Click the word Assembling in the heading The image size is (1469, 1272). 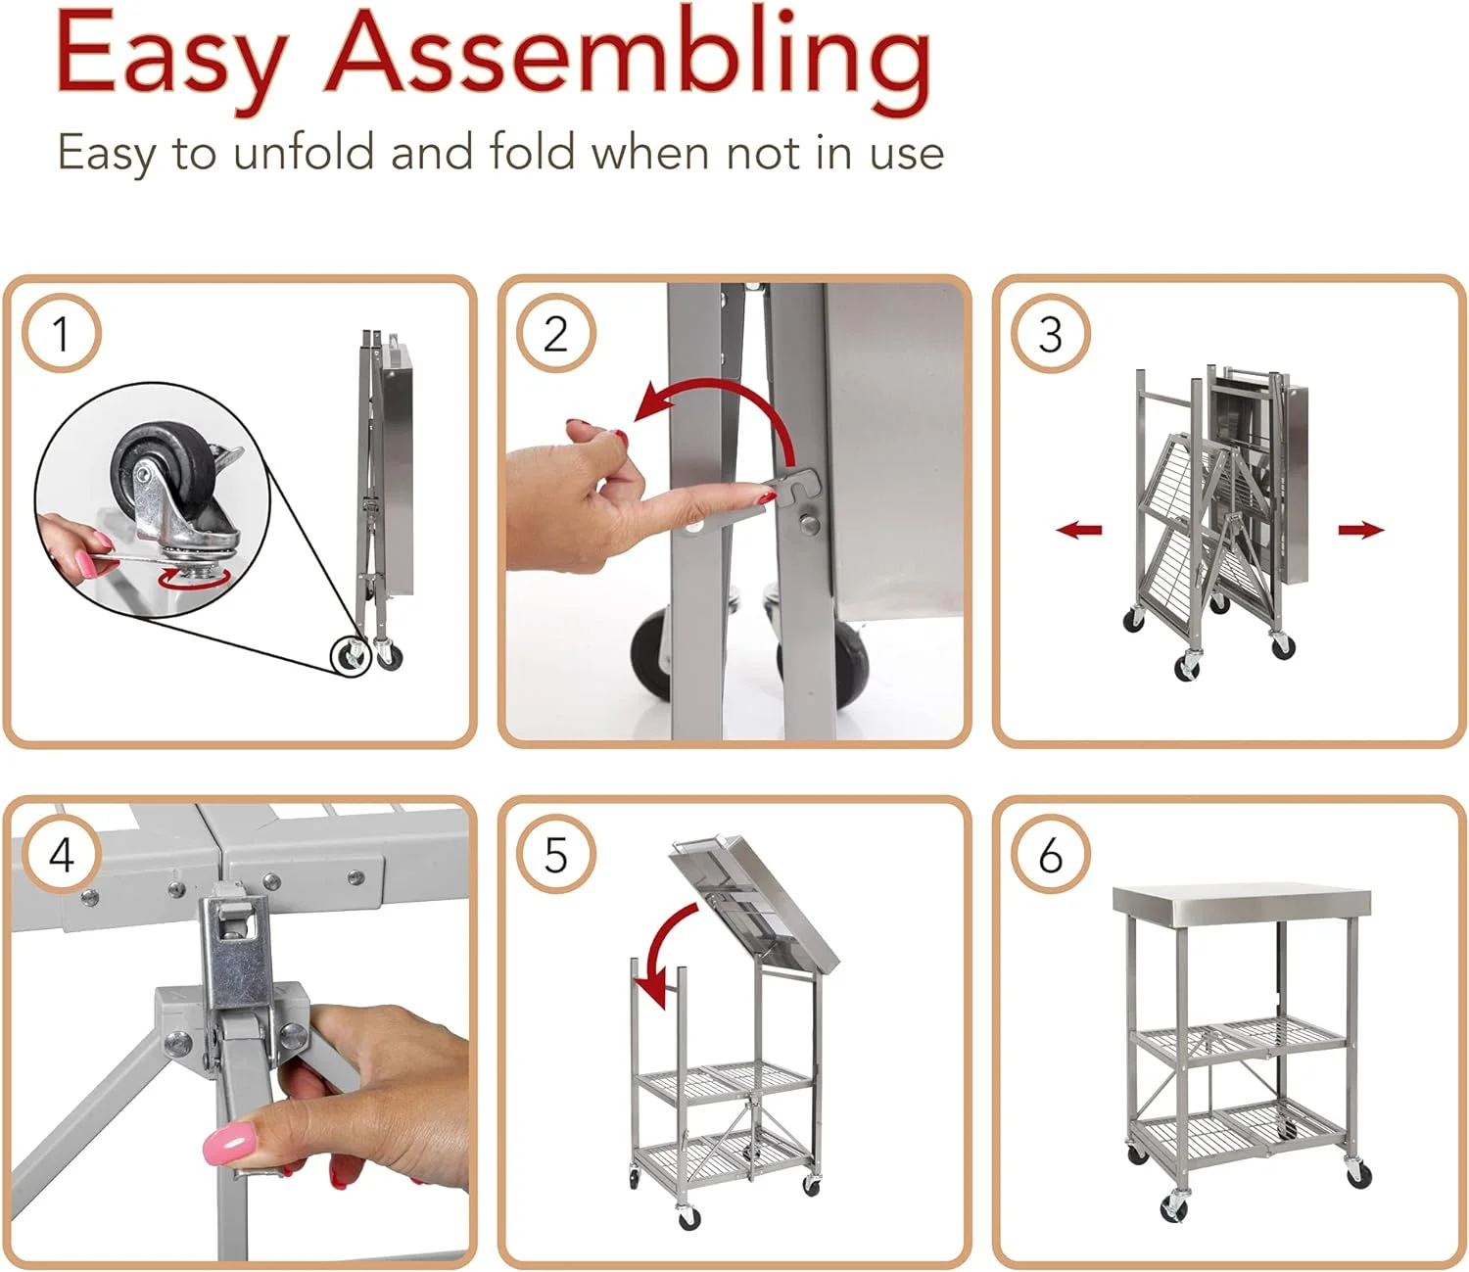(x=629, y=61)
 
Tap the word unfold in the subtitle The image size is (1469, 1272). (x=304, y=152)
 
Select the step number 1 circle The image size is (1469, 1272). (x=62, y=333)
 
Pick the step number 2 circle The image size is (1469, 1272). (x=555, y=333)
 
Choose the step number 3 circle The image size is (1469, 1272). (x=1051, y=333)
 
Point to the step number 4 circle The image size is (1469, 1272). (x=62, y=854)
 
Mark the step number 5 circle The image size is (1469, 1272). (x=555, y=854)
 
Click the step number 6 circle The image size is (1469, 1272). (x=1051, y=854)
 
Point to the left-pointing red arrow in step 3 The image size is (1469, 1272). (x=1079, y=530)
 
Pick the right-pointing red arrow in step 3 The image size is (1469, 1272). (x=1361, y=530)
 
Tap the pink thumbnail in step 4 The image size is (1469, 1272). (x=229, y=1144)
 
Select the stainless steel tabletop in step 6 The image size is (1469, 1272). (x=1242, y=901)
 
